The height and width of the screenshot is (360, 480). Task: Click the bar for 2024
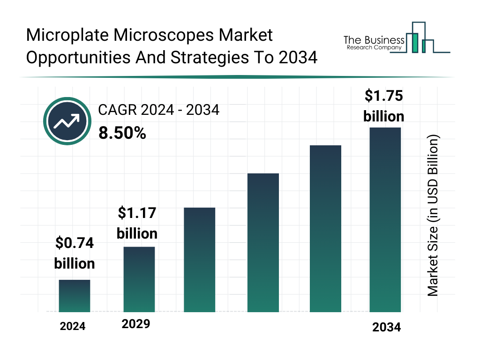click(74, 296)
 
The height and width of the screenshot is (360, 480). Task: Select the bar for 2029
click(139, 279)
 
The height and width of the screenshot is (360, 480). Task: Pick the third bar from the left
click(199, 260)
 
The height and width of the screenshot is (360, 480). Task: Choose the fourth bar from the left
click(262, 243)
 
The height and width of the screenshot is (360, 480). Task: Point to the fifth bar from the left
click(325, 229)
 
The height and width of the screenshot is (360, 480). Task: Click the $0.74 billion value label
click(74, 253)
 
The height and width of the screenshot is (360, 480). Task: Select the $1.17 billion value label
click(137, 223)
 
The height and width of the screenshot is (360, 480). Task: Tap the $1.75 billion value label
click(384, 105)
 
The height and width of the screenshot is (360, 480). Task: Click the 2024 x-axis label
click(73, 326)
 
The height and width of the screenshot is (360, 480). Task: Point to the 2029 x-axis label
click(136, 324)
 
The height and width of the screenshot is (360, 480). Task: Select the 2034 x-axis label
click(387, 327)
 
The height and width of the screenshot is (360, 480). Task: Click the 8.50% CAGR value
click(122, 133)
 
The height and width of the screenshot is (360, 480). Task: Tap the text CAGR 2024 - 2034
click(158, 110)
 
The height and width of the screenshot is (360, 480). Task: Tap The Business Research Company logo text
click(373, 42)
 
